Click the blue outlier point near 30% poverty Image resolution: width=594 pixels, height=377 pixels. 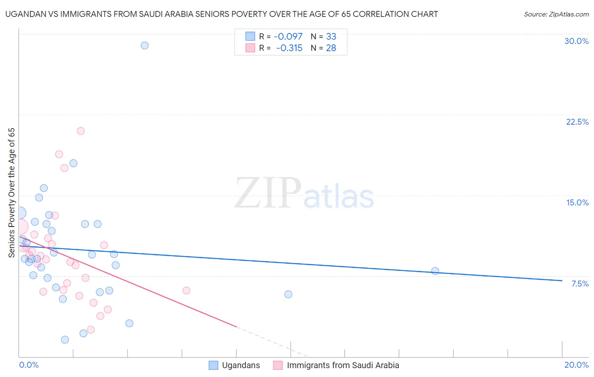(144, 45)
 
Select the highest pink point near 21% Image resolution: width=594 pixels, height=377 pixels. (81, 131)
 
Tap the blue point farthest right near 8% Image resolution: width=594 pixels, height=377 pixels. (435, 271)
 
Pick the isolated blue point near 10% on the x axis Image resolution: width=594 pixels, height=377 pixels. (288, 294)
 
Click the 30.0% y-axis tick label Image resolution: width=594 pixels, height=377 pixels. (576, 41)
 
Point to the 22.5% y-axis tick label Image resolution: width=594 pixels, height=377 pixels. (577, 122)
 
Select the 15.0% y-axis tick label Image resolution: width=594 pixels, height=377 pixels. (577, 202)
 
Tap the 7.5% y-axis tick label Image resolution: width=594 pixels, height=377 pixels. (580, 284)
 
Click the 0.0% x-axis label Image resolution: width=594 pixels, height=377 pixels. (29, 365)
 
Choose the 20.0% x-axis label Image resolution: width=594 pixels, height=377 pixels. (576, 365)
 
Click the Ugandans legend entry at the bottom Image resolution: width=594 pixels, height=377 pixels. (241, 365)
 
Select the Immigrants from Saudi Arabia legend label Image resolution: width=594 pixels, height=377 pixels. (343, 365)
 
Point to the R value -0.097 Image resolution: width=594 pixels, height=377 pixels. (288, 37)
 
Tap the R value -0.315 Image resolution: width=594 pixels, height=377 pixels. (289, 48)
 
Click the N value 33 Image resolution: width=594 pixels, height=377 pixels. (331, 37)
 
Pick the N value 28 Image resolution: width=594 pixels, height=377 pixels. (331, 48)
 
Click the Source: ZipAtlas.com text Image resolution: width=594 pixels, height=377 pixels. (556, 14)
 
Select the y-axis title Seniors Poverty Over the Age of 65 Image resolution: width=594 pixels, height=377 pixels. (11, 193)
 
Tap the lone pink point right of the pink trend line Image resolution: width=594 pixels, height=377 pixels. (186, 290)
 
